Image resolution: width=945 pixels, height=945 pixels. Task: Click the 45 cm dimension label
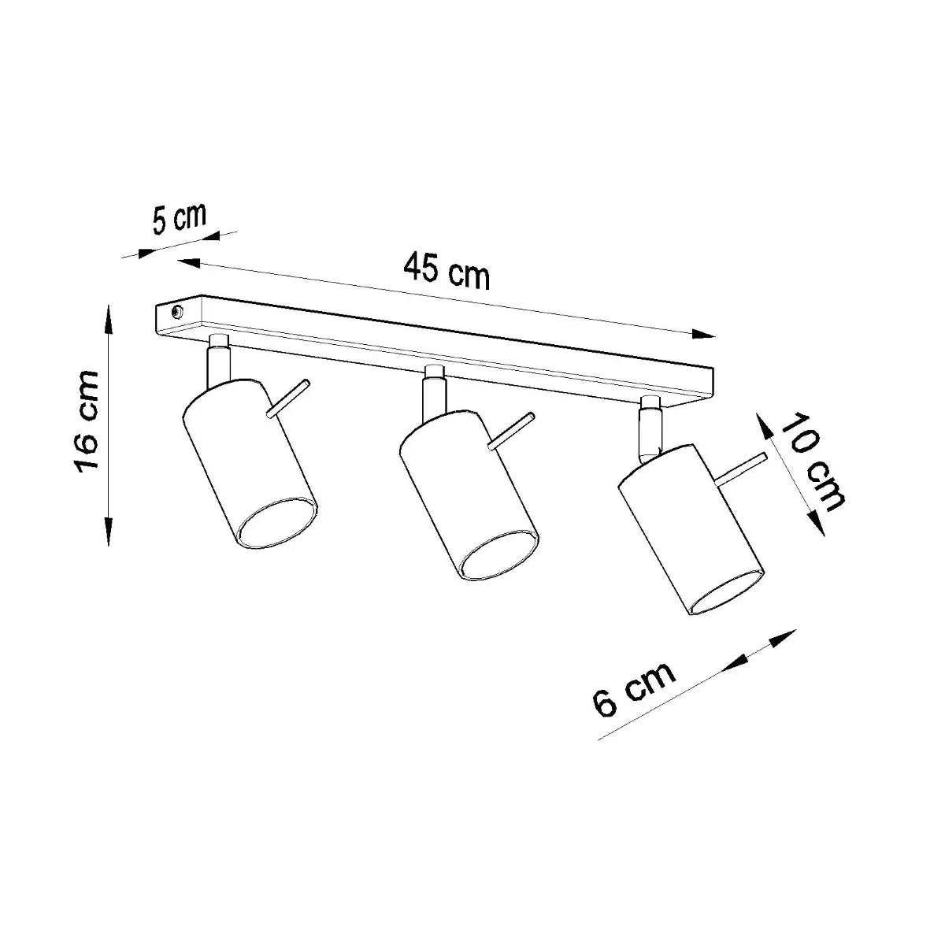point(447,271)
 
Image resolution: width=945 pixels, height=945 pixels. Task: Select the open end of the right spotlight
point(725,592)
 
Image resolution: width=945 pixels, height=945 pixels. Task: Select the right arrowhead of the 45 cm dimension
point(704,335)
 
